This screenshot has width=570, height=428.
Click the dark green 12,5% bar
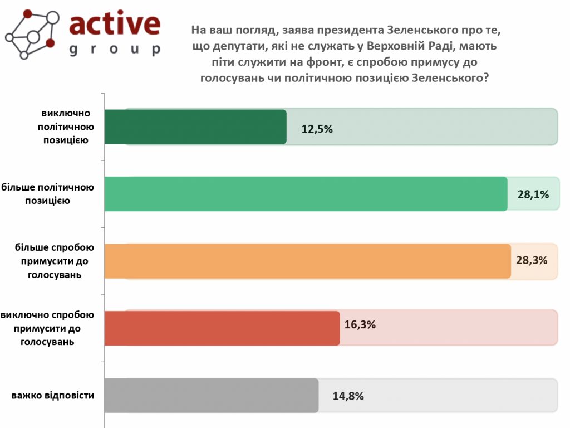point(195,127)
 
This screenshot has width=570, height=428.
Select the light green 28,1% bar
point(306,194)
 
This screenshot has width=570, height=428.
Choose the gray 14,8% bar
point(211,396)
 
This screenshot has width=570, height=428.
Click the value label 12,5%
point(317,129)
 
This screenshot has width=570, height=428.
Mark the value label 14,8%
point(348,396)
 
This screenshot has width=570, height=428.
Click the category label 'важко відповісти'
point(53,396)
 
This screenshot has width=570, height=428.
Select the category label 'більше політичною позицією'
point(48,193)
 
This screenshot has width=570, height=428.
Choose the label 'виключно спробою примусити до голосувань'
point(47,328)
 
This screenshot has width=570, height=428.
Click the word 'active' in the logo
point(115,25)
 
